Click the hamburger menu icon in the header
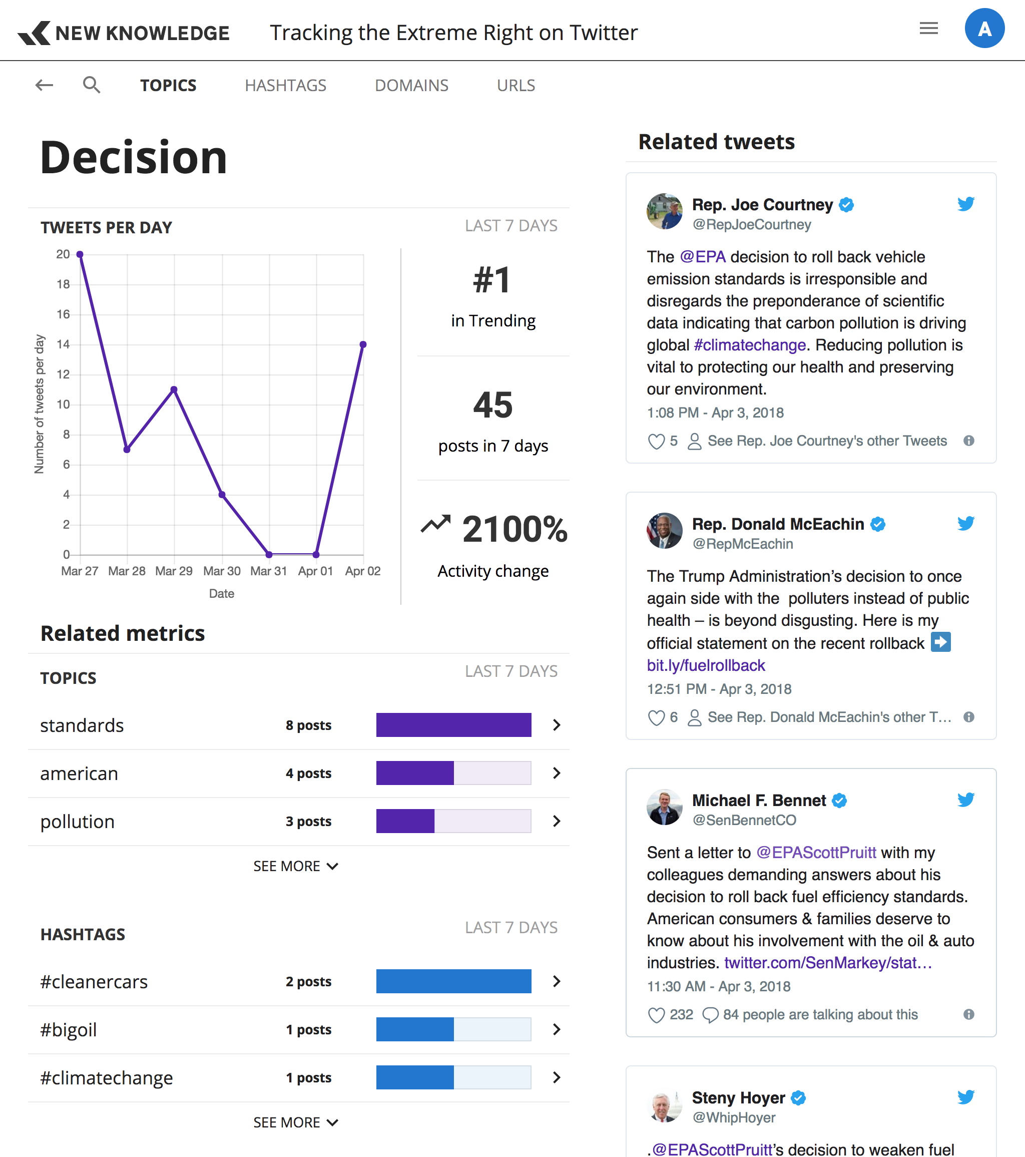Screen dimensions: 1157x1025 (x=928, y=29)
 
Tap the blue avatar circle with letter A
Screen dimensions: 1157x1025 (x=984, y=29)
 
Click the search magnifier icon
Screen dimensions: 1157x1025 (x=91, y=85)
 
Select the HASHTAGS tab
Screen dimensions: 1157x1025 (x=285, y=86)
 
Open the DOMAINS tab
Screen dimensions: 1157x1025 (x=411, y=86)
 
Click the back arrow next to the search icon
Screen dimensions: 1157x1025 (x=44, y=85)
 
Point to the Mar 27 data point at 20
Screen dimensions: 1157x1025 (x=80, y=255)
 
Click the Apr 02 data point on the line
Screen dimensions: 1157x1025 (x=363, y=344)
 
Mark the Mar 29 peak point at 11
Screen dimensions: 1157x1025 (x=174, y=390)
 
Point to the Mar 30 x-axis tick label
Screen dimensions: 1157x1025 (x=222, y=571)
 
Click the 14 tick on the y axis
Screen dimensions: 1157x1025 (x=64, y=344)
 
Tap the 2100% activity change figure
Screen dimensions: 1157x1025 (x=515, y=529)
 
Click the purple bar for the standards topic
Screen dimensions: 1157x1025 (x=453, y=725)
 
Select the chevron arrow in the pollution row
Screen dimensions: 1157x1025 (x=557, y=822)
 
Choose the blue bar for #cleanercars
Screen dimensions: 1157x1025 (x=453, y=982)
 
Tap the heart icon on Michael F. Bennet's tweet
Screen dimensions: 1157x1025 (x=656, y=1015)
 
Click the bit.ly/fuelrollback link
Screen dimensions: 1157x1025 (x=706, y=666)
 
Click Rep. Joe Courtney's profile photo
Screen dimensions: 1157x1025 (x=665, y=211)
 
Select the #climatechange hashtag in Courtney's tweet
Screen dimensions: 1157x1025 (x=750, y=345)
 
